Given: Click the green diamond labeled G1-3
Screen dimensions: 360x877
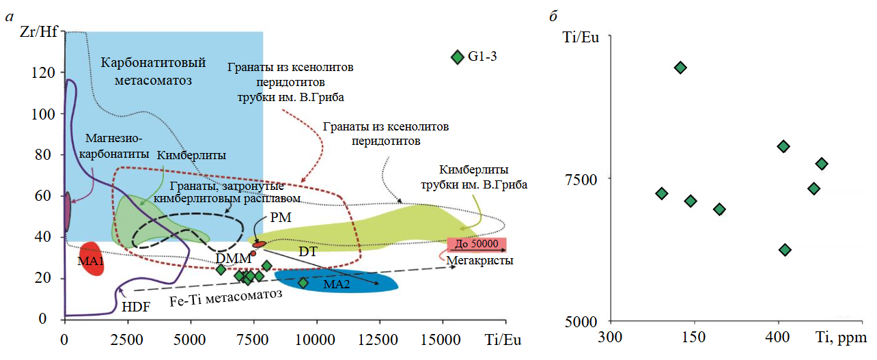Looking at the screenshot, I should [x=457, y=57].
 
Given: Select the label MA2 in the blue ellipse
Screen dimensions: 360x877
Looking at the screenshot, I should [x=337, y=284].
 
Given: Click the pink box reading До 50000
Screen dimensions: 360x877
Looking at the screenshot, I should [x=477, y=245].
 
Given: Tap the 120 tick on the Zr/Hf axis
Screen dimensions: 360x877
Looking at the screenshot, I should [x=46, y=73].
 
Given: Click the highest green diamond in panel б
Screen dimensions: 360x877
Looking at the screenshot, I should [x=680, y=67].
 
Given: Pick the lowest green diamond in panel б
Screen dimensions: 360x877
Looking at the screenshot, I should [x=785, y=250].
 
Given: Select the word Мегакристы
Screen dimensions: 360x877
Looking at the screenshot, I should [x=479, y=260].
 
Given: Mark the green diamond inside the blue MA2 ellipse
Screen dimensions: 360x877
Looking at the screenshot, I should [x=303, y=283].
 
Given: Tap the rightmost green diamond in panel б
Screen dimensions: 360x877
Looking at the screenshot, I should [x=822, y=163].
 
